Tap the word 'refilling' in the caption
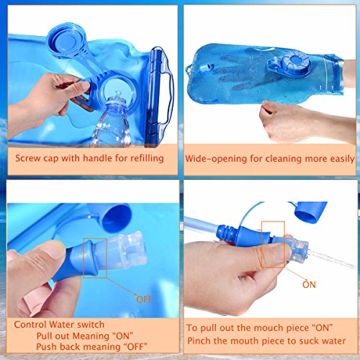[147, 158]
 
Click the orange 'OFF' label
[144, 300]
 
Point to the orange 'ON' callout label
[309, 284]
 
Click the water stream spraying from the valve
[333, 258]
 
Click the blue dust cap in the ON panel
[310, 212]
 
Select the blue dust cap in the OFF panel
[117, 217]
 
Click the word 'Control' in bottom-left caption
[30, 325]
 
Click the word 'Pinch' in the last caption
[198, 341]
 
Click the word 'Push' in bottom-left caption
[47, 346]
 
